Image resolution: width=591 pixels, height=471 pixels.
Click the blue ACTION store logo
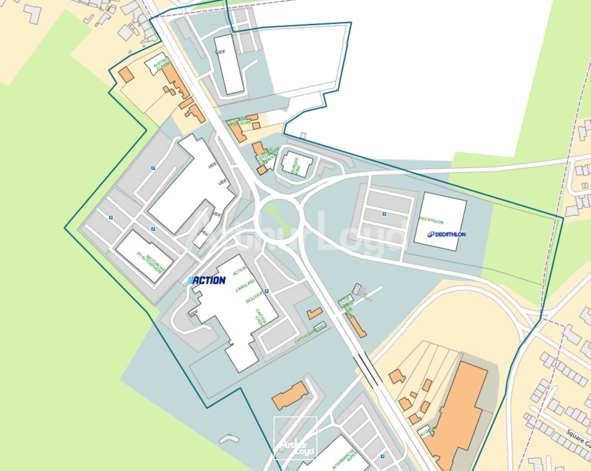point(206,280)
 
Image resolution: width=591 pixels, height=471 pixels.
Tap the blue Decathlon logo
point(447,234)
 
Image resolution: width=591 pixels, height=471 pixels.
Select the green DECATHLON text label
point(431,220)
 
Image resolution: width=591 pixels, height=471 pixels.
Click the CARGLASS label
point(245,286)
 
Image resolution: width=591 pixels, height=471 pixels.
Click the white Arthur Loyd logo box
point(295,438)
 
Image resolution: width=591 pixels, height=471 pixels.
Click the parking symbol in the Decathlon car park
point(385,214)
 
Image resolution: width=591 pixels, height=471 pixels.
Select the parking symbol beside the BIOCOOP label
point(266,291)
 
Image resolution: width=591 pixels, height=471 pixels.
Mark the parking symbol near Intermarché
point(382,457)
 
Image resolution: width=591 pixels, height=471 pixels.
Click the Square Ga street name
point(579,438)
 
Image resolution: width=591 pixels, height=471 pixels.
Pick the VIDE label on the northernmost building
point(221,51)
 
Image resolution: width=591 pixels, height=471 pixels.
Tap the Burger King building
point(297,164)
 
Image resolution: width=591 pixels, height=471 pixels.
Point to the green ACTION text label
point(239,271)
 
